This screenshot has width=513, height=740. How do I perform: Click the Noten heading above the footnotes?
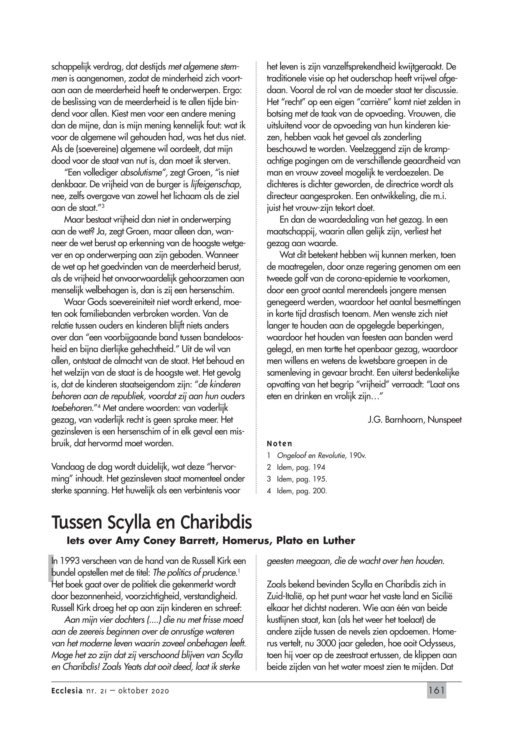(279, 444)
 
